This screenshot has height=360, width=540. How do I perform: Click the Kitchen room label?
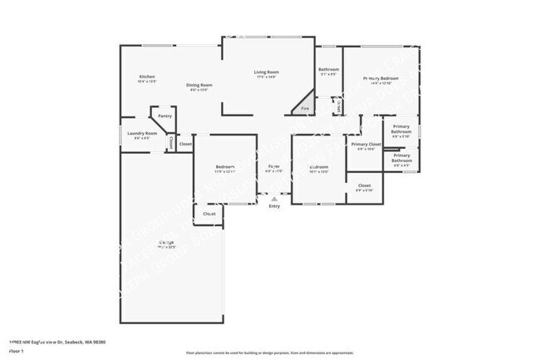[x=146, y=77]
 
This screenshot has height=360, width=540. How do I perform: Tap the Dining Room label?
[x=199, y=85]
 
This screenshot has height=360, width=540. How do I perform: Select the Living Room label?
[x=266, y=72]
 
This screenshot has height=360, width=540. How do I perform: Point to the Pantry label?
[x=165, y=116]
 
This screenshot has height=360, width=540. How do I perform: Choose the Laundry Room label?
[x=142, y=133]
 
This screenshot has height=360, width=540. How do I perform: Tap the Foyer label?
[x=273, y=166]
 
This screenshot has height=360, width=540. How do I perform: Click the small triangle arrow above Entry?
[x=274, y=200]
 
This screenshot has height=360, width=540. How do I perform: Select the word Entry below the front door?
[x=274, y=206]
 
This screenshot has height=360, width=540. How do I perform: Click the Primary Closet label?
[x=366, y=145]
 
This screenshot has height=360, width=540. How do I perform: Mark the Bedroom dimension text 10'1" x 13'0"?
[x=319, y=172]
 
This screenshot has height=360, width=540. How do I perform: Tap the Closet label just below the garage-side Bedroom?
[x=209, y=214]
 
